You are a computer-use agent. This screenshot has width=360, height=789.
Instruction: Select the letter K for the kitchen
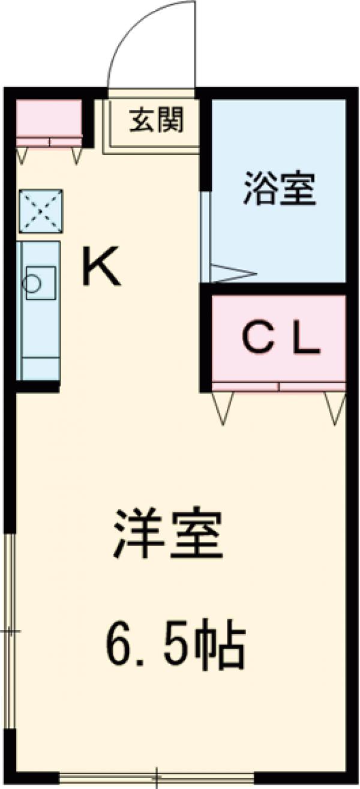(101, 268)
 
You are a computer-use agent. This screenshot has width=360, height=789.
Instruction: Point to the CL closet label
(280, 340)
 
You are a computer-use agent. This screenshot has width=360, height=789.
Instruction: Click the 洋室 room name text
(169, 533)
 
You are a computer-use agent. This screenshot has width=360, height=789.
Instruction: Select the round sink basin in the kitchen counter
(32, 282)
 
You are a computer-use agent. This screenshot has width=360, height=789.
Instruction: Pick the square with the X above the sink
(41, 211)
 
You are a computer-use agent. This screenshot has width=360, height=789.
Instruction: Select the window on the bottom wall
(157, 778)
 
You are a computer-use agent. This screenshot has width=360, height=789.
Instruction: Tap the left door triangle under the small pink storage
(22, 155)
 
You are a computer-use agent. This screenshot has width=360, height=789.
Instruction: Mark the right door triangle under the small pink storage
(76, 155)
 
